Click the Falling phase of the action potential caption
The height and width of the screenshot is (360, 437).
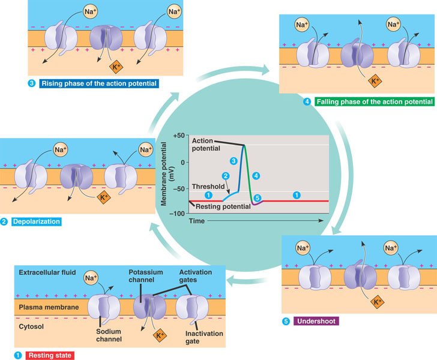coord(373,102)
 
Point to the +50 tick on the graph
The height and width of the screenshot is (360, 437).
coord(178,136)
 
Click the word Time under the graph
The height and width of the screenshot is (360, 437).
coord(198,221)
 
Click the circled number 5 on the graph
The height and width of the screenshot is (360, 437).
coord(258,197)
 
